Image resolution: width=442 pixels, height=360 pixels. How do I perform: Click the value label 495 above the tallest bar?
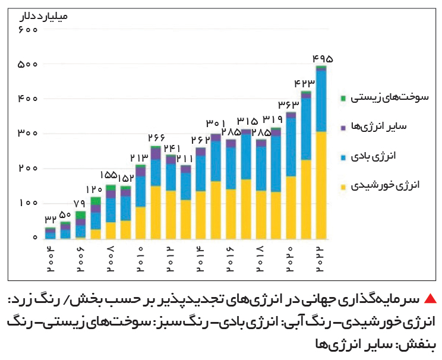point(323,59)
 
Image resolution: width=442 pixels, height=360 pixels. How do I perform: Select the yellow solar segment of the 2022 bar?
point(321,185)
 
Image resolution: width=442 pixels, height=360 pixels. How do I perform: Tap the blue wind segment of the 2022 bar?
point(321,101)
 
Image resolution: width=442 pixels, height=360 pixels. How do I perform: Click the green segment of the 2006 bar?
point(80,215)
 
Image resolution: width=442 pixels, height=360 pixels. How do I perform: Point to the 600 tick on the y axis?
point(28,29)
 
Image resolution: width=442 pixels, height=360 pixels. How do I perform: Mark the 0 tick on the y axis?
point(35,238)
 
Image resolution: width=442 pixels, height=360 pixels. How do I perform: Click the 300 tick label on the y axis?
point(27,133)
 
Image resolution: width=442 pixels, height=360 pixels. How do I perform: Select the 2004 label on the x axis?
point(50,259)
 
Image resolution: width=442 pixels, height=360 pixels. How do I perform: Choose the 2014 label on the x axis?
point(200,259)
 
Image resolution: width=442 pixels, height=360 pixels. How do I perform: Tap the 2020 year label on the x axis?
point(290,259)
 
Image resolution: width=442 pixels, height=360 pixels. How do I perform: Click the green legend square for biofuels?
point(343,98)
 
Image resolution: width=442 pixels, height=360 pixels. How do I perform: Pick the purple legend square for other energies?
point(343,128)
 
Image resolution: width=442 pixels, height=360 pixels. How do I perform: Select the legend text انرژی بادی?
point(373,156)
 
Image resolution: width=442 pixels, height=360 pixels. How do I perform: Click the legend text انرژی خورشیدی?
point(385,185)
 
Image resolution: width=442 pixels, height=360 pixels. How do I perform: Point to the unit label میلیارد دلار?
point(43,16)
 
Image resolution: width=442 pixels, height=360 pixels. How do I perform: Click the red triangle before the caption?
point(430,298)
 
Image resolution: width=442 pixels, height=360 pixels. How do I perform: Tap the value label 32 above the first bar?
point(50,219)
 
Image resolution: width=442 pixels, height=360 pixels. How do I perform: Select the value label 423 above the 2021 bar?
point(304,83)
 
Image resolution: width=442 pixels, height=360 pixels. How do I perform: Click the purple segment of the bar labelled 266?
point(156,154)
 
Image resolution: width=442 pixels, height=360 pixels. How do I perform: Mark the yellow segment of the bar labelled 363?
point(291,208)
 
